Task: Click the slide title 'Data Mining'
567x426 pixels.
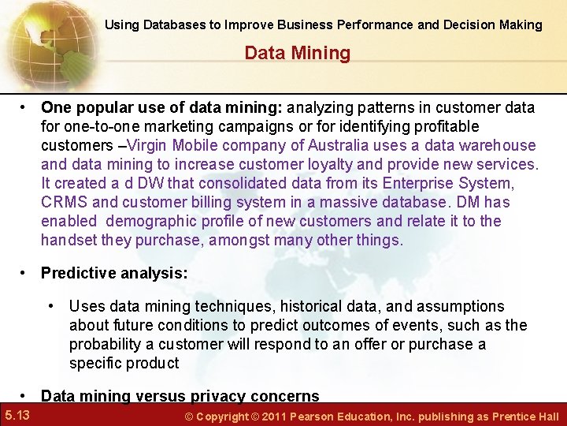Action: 297,54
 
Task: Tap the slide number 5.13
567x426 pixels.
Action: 17,415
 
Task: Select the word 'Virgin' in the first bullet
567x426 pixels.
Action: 146,146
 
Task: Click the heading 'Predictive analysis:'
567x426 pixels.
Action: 114,273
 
